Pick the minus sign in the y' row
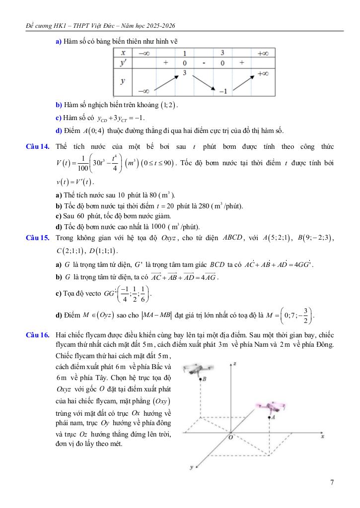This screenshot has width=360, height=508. point(204,63)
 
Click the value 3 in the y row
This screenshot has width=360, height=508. point(184,73)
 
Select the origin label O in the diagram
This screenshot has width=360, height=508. point(230,437)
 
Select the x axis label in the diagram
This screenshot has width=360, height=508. point(322,437)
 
